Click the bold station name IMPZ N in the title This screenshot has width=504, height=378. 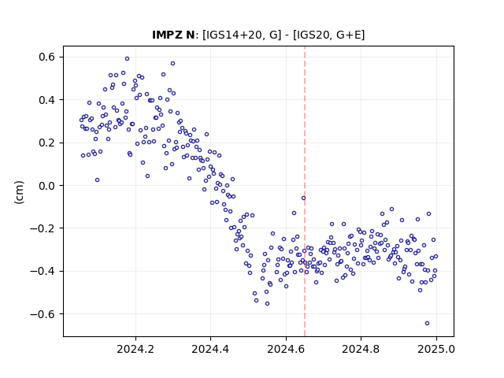click(x=173, y=35)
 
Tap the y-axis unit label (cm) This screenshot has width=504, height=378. click(x=19, y=192)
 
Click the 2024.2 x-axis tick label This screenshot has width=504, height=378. click(x=135, y=349)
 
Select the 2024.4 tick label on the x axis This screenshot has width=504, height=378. click(x=210, y=349)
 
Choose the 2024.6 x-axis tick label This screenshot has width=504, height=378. click(x=286, y=349)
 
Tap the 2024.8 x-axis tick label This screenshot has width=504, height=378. click(x=361, y=349)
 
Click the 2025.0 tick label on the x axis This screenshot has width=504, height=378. click(x=436, y=349)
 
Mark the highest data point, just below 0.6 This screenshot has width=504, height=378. click(x=127, y=59)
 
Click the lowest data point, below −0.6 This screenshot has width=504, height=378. click(x=427, y=324)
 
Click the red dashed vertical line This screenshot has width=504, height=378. click(x=305, y=191)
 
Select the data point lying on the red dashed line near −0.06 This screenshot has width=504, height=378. click(x=303, y=198)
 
